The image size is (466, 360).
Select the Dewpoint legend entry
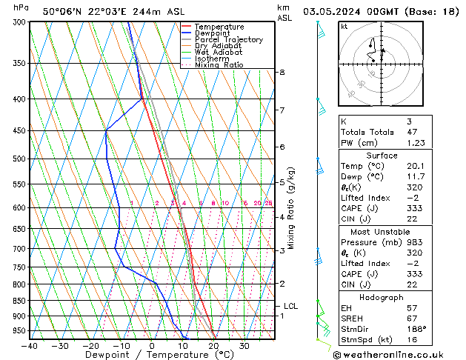point(216,33)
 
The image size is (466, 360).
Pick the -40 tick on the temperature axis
point(30,346)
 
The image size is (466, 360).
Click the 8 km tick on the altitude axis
point(282,72)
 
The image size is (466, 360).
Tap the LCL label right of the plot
point(291,306)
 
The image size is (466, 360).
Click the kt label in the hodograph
point(344,27)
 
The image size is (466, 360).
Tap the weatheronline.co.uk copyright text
point(398,355)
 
